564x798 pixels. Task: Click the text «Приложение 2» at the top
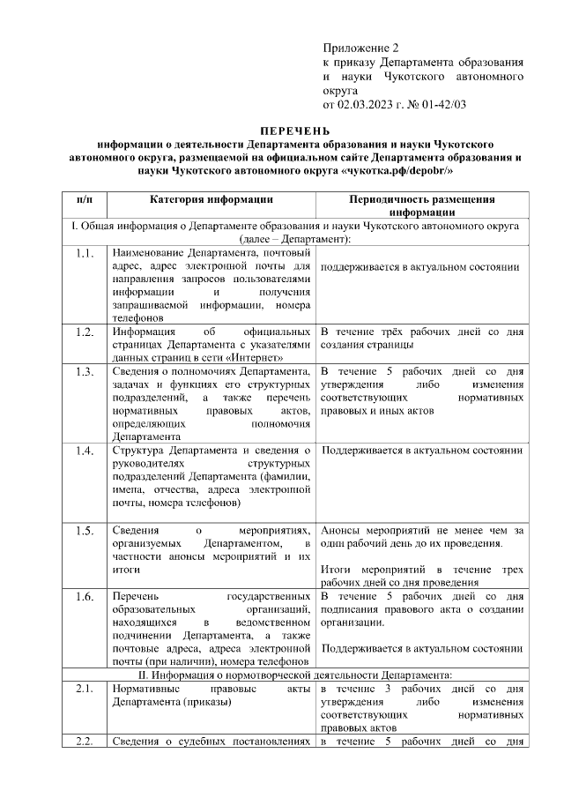click(x=361, y=47)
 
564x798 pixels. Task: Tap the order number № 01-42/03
click(x=434, y=105)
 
